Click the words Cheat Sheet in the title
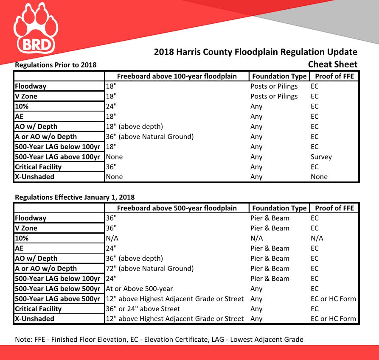(x=333, y=64)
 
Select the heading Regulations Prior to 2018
(x=56, y=65)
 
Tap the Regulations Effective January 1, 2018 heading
(x=75, y=197)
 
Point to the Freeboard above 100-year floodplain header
(x=177, y=76)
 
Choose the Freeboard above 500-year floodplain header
(x=177, y=208)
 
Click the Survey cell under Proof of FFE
(x=321, y=157)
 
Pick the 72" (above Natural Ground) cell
(x=150, y=268)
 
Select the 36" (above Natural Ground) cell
(x=150, y=137)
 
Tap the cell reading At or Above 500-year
(x=139, y=289)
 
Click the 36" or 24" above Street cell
(x=143, y=309)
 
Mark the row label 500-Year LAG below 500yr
(x=58, y=289)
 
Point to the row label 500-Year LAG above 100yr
(x=58, y=157)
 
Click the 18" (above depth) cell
(x=135, y=126)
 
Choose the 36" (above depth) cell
(x=135, y=258)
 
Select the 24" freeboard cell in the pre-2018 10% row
(x=112, y=106)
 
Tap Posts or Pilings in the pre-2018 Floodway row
(x=274, y=86)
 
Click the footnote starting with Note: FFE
(x=159, y=339)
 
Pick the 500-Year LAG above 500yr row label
(x=58, y=299)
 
